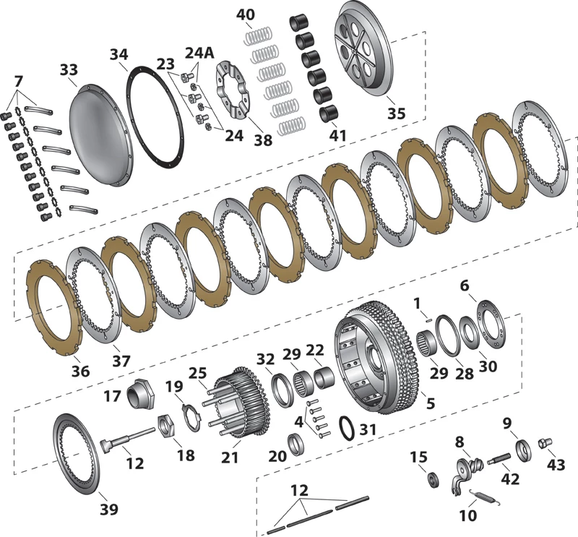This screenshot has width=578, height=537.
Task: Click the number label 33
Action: [69, 71]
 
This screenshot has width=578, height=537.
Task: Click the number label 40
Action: [245, 14]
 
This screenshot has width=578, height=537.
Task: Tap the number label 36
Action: [81, 371]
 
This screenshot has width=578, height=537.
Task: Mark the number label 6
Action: [464, 286]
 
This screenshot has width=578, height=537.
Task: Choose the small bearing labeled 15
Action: [434, 478]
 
